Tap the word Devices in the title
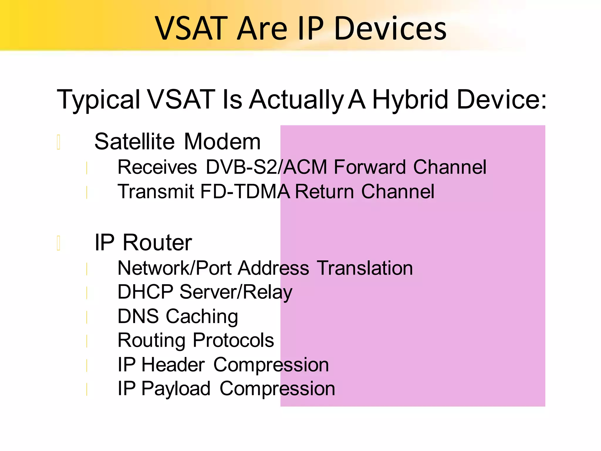click(390, 28)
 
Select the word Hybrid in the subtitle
click(411, 100)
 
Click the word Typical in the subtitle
click(98, 100)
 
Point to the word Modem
click(222, 142)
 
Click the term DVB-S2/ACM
click(266, 167)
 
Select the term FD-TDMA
click(245, 191)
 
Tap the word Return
click(324, 191)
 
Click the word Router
click(157, 243)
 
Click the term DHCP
click(145, 292)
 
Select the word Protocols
click(233, 340)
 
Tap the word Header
click(173, 365)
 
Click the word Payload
click(176, 388)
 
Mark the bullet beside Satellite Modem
click(59, 142)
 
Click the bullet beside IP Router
click(59, 243)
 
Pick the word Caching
click(202, 316)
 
